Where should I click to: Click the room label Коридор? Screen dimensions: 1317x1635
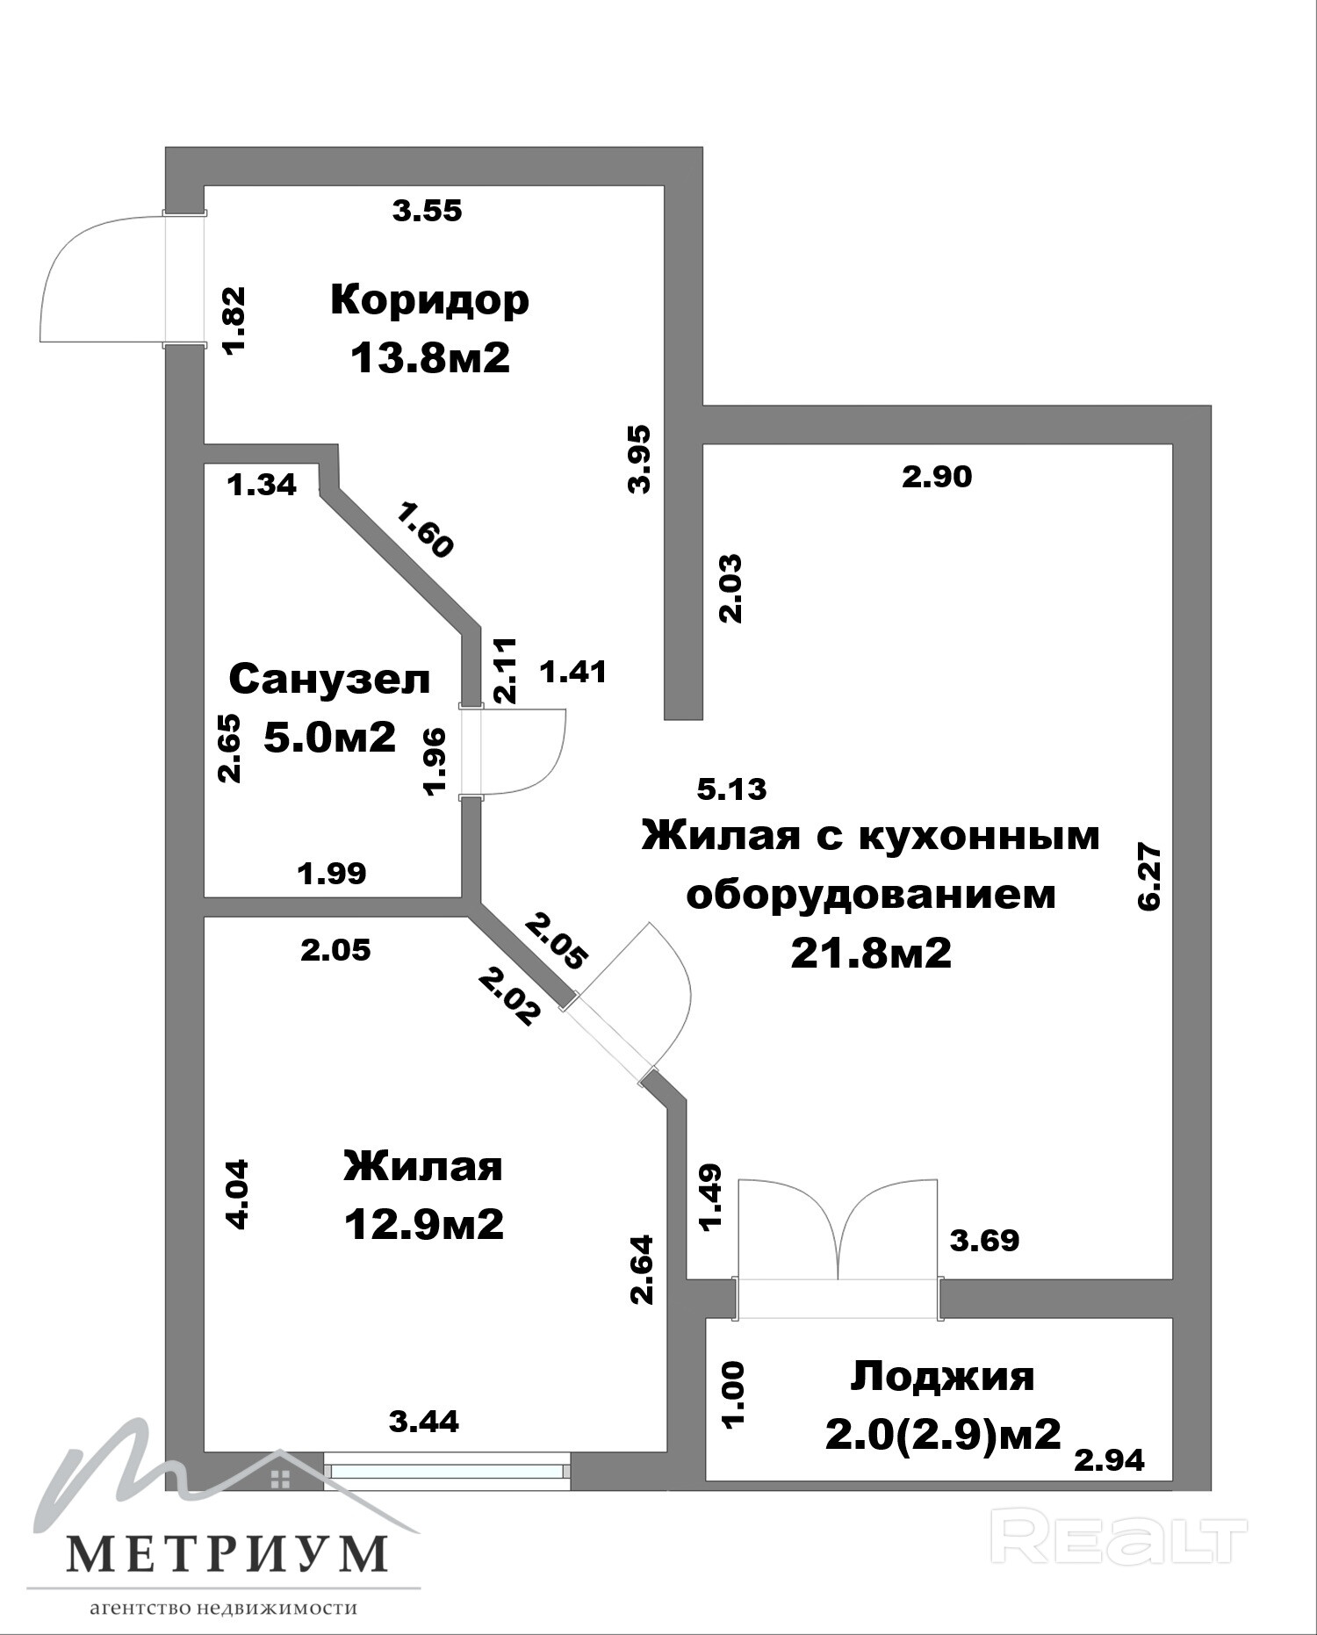click(430, 300)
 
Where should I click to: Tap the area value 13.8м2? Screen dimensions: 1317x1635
click(430, 358)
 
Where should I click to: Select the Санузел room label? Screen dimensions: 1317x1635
click(330, 680)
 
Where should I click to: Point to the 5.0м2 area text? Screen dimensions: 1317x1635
click(330, 737)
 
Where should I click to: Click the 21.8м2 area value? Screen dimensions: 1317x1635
click(871, 953)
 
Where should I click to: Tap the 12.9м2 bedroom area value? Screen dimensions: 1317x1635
click(424, 1224)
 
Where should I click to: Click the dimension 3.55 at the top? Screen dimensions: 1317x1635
click(427, 211)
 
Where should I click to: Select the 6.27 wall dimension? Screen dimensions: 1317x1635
click(1149, 877)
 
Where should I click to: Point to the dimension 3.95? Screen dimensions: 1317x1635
click(640, 459)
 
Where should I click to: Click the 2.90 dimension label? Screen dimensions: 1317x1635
click(938, 477)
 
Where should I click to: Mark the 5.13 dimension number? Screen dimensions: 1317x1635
click(731, 789)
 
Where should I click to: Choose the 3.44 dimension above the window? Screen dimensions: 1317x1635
click(424, 1422)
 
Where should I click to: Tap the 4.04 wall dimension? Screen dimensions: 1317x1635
click(237, 1194)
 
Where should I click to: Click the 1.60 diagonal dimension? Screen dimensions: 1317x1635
click(425, 529)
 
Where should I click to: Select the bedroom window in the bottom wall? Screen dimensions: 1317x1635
click(448, 1471)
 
